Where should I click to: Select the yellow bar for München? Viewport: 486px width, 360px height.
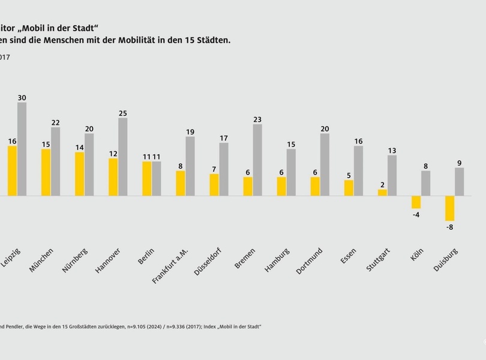click(46, 172)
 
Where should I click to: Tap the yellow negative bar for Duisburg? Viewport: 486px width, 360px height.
click(449, 208)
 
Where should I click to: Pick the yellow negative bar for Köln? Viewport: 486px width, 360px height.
click(416, 202)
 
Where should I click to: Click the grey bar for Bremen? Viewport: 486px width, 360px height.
click(257, 160)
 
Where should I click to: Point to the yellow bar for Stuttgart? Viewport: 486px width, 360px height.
click(382, 193)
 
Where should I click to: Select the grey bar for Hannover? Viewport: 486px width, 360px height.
click(122, 157)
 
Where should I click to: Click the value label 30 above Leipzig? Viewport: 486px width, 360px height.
click(22, 97)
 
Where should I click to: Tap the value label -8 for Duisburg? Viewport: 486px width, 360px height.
click(449, 227)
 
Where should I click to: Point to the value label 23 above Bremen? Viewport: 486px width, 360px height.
click(257, 119)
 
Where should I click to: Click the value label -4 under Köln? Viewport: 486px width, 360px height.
click(416, 215)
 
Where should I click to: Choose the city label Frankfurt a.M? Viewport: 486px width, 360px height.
click(170, 265)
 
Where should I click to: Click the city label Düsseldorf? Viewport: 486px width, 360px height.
click(206, 262)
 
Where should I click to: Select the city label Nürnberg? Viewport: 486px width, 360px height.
click(75, 260)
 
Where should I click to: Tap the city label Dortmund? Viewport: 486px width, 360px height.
click(310, 261)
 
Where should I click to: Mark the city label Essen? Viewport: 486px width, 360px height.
click(347, 256)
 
